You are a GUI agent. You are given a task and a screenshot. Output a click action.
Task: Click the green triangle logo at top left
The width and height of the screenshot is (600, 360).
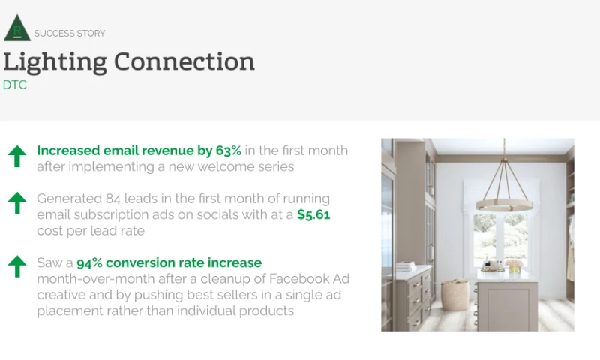[x=16, y=28]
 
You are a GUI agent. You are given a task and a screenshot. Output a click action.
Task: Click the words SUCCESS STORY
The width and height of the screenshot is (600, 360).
[x=70, y=34]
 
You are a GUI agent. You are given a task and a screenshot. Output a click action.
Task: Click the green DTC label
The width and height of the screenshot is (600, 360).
[x=15, y=85]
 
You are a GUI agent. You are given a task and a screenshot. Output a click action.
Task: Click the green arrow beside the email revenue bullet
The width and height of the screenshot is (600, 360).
[x=17, y=156]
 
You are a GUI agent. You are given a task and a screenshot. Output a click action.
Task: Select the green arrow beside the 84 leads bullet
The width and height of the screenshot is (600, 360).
[x=17, y=202]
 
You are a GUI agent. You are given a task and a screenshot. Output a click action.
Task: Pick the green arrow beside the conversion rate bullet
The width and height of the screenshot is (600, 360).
[x=17, y=265]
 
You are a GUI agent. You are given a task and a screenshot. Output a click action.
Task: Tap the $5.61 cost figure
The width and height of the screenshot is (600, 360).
[x=313, y=215]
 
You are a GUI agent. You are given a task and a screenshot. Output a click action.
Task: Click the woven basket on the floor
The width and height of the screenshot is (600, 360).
[x=454, y=295]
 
